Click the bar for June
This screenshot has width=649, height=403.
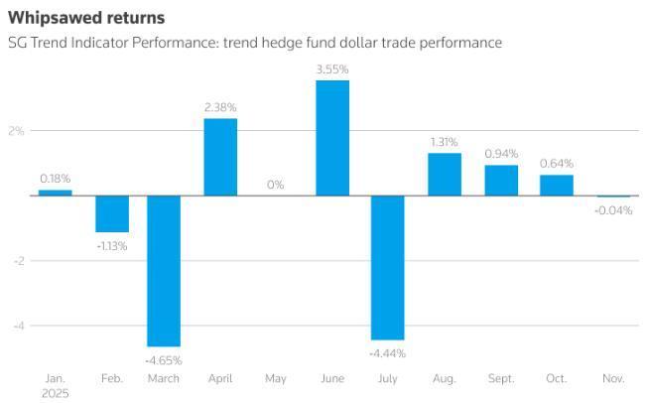pos(332,137)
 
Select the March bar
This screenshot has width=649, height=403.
pos(164,270)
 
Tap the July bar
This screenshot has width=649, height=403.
pos(388,267)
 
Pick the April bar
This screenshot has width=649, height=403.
pos(220,157)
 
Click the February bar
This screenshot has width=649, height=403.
pos(112,213)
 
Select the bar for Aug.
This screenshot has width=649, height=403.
pos(445,174)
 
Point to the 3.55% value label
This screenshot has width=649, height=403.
pos(332,69)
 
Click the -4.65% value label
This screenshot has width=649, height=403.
pos(164,360)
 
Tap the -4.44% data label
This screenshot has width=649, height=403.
pos(388,353)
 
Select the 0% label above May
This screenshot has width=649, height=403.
pos(276,185)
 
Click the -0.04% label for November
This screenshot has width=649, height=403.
pos(613,209)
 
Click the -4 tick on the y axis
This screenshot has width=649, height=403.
pos(17,326)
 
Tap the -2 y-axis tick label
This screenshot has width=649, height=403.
pos(17,261)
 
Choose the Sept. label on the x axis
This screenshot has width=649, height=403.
pos(500,378)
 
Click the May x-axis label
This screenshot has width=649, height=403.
pos(276,378)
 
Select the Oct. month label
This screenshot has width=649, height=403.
pos(557,378)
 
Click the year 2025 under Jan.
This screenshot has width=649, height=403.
pos(56,392)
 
